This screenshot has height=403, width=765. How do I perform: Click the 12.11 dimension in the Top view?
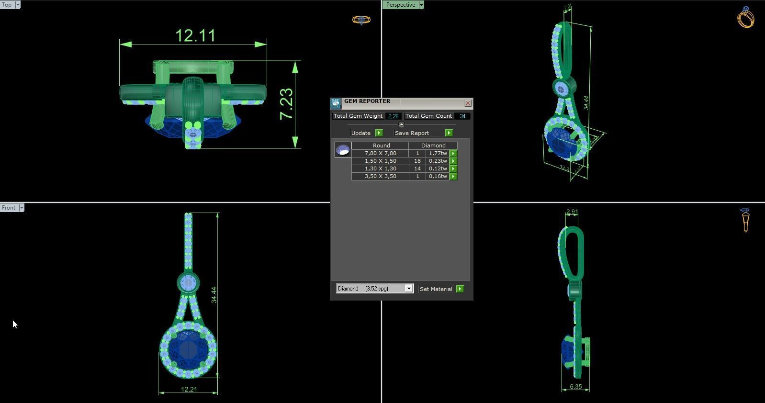(x=195, y=36)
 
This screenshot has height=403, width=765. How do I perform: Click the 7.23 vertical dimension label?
(x=286, y=104)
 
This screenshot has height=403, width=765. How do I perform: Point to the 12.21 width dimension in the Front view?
(x=189, y=389)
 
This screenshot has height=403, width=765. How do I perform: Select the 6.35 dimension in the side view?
(x=575, y=387)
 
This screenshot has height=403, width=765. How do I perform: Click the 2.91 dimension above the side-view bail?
(x=572, y=212)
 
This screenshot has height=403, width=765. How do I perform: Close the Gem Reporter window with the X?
(x=468, y=103)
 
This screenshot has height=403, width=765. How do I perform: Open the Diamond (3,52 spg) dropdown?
(x=408, y=289)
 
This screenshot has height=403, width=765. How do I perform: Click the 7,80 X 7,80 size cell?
(x=380, y=153)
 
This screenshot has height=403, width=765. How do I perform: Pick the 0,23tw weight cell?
(x=438, y=161)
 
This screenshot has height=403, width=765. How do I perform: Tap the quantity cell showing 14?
(x=417, y=168)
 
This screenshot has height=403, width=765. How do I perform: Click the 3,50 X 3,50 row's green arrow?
(x=453, y=176)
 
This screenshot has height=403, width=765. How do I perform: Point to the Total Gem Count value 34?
(x=462, y=116)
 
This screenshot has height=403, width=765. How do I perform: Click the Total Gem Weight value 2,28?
(x=393, y=116)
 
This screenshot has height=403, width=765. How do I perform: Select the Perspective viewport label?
(x=400, y=5)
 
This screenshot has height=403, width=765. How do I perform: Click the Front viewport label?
(x=9, y=208)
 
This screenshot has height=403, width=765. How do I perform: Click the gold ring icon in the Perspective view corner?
(x=745, y=18)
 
